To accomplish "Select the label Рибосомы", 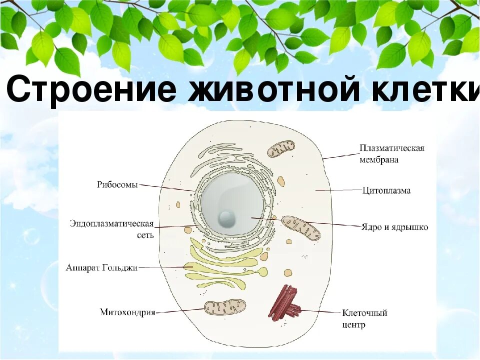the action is (x=117, y=184).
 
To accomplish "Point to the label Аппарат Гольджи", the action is (x=101, y=267).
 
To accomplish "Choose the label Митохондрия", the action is (x=127, y=312).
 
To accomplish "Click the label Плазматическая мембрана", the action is (x=392, y=154).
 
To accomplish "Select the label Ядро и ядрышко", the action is (x=394, y=227).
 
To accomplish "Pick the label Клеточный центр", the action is (x=364, y=318).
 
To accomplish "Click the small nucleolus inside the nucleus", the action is (x=226, y=217).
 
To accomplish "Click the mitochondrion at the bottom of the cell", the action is (x=225, y=307).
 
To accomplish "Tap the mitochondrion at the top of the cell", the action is (x=280, y=149).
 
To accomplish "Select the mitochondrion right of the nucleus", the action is (x=300, y=228).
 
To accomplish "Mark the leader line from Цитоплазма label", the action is (x=338, y=190).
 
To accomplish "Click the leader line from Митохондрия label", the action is (x=180, y=311).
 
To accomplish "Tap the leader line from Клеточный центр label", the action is (x=320, y=311).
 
